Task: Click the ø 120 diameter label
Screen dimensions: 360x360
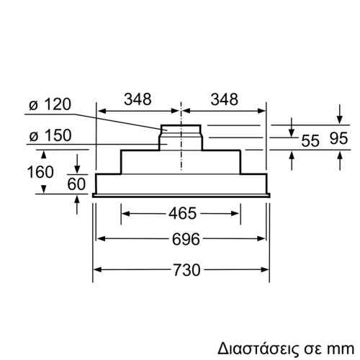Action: click(50, 105)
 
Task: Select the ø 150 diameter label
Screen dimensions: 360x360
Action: click(50, 135)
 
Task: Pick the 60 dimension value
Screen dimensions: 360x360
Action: click(76, 184)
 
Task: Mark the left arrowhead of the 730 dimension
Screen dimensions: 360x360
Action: click(99, 271)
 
